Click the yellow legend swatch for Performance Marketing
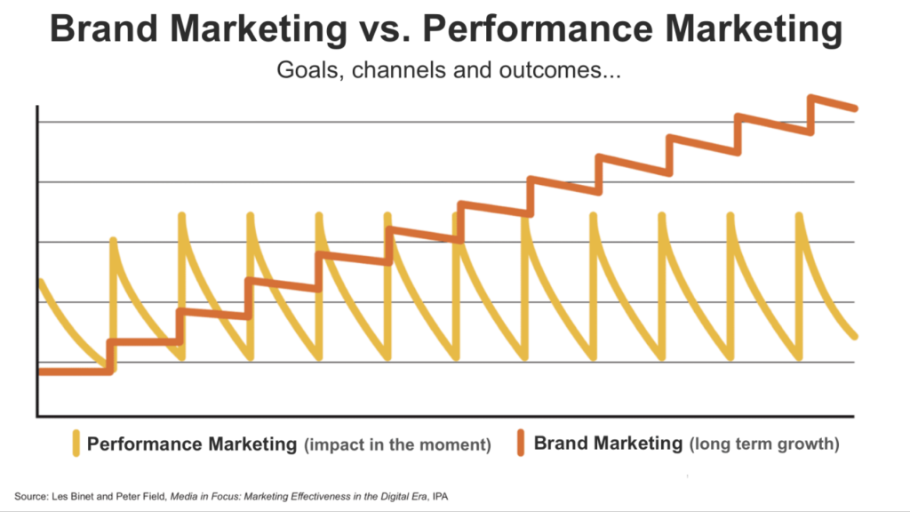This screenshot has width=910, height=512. coord(76,442)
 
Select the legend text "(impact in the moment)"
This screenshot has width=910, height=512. coord(397,444)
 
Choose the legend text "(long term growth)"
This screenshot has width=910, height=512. coord(763,444)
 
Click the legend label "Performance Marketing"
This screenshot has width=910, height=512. coord(191,443)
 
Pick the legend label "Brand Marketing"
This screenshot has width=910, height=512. coord(608,443)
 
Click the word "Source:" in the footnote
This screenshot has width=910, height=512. coord(29,495)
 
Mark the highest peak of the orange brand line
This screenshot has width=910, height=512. coord(811,97)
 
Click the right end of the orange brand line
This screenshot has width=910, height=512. coord(854,108)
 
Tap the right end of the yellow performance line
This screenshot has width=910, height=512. coord(854,336)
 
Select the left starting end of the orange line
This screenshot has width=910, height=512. coord(41,372)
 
